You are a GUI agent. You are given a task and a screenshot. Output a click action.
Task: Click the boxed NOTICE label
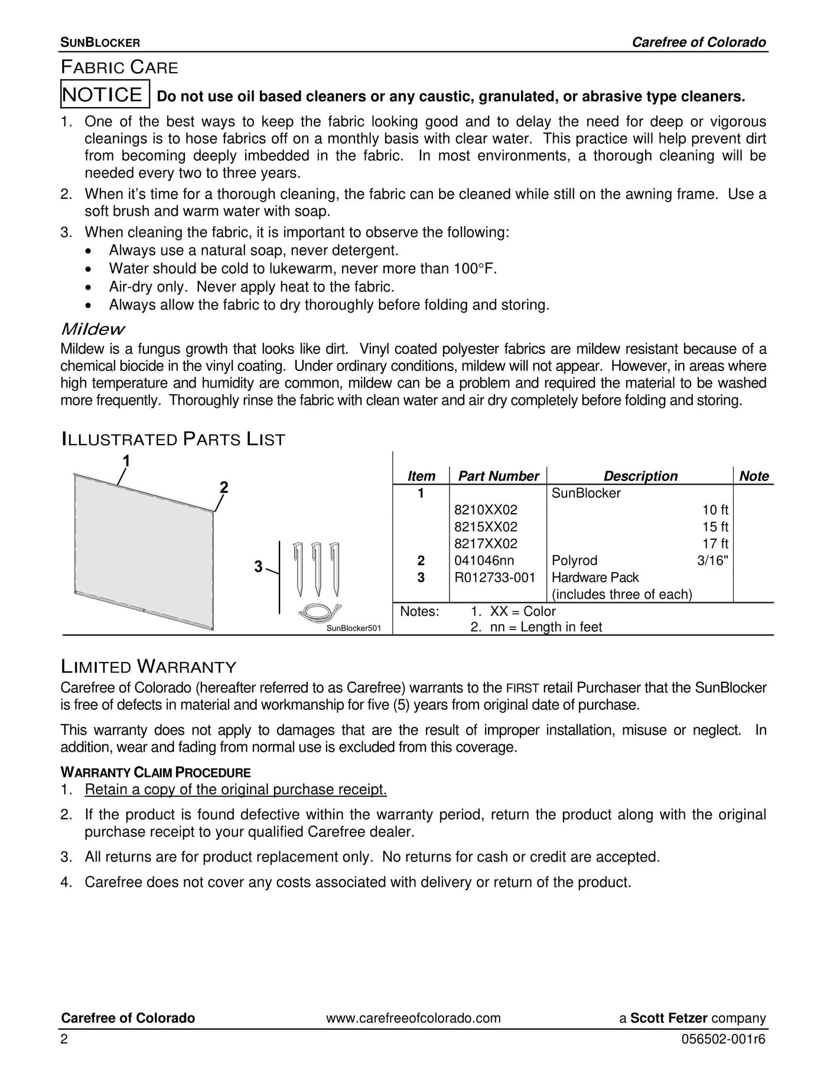(105, 95)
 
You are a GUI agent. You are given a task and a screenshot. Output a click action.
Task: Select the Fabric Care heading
(119, 67)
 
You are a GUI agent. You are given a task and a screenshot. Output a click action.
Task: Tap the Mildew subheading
(93, 329)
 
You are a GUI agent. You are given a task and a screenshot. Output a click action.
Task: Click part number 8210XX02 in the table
(486, 510)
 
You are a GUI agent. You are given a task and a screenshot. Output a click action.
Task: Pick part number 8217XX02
(486, 544)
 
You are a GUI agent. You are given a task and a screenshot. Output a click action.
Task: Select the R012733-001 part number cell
(494, 577)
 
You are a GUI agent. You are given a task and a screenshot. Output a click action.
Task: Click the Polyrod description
(574, 560)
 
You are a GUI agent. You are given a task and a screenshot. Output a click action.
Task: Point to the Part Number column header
(498, 476)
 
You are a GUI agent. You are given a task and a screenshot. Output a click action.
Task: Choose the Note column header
(754, 476)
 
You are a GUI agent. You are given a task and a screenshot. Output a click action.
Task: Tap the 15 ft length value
(715, 527)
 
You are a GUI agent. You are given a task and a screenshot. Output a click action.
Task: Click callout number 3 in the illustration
(258, 567)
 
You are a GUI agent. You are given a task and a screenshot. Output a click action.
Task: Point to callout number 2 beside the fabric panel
(224, 488)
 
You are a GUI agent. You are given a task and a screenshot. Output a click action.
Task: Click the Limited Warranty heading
(148, 667)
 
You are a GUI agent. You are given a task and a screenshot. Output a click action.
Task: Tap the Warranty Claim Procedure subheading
(155, 773)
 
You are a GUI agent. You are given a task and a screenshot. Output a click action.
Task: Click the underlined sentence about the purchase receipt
(236, 790)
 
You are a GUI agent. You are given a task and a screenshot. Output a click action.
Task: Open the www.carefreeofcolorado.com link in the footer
(413, 1018)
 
